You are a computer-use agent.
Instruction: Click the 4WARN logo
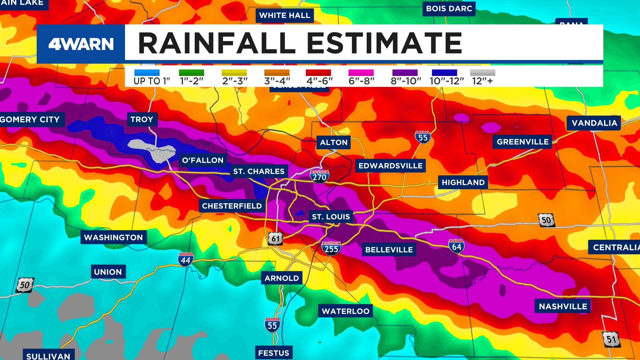tap(81, 44)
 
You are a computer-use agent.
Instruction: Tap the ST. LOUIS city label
tap(331, 217)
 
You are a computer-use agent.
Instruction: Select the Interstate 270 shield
tap(319, 177)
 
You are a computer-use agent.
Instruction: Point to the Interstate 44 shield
tap(186, 260)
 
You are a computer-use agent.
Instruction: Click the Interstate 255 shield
tap(331, 248)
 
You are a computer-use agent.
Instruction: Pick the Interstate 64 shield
tap(456, 246)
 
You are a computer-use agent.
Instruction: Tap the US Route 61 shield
tap(275, 239)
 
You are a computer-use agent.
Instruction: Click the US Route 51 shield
tap(611, 339)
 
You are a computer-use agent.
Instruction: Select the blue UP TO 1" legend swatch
tap(147, 72)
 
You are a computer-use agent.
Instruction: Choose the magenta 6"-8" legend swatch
tap(361, 72)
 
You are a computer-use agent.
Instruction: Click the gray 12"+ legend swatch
tap(482, 72)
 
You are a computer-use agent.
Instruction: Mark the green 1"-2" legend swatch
tap(191, 72)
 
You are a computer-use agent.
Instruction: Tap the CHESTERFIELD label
tap(232, 206)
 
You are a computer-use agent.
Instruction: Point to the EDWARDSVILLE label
tap(390, 166)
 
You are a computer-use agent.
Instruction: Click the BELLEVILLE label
tap(389, 250)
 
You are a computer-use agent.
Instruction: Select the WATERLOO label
tap(345, 311)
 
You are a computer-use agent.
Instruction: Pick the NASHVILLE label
tap(563, 306)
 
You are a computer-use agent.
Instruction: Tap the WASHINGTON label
tap(113, 237)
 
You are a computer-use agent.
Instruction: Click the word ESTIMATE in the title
tap(384, 43)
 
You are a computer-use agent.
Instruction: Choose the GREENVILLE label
tap(522, 142)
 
